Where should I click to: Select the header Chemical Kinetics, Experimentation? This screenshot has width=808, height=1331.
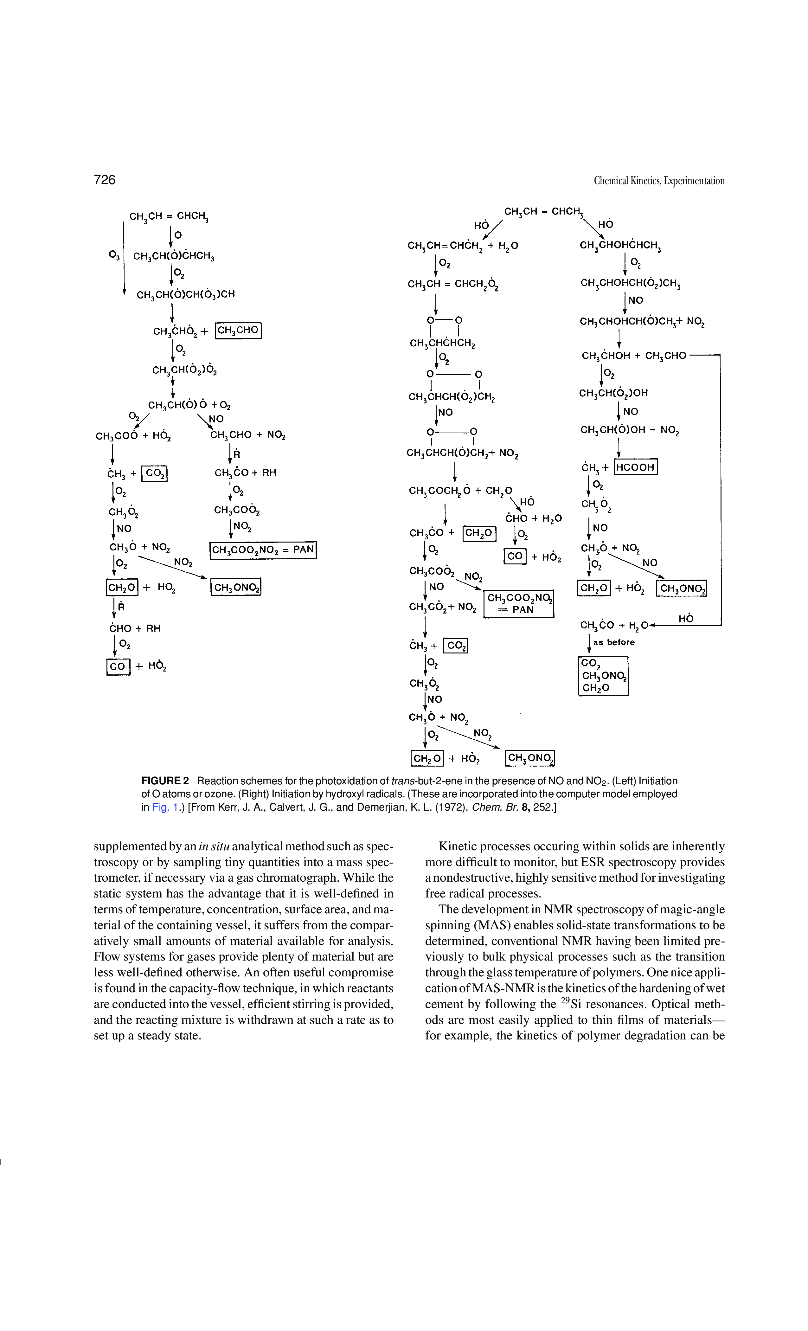coord(659,180)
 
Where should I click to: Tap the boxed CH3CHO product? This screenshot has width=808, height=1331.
coord(238,330)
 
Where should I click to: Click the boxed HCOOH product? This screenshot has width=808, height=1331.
coord(635,467)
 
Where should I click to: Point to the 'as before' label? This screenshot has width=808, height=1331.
coord(613,642)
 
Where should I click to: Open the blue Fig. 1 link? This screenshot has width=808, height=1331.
coord(165,807)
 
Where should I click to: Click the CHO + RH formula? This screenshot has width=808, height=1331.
coord(134,628)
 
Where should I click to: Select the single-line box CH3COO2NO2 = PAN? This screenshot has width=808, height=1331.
coord(262,550)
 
